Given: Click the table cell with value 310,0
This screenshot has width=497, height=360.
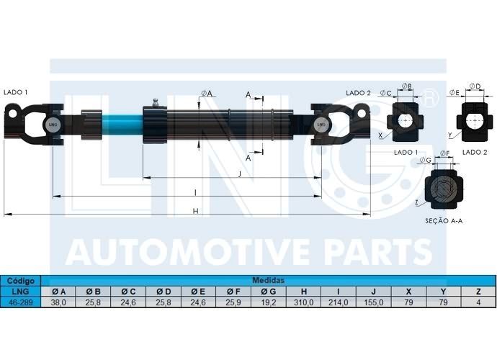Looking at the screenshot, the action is pyautogui.click(x=304, y=302).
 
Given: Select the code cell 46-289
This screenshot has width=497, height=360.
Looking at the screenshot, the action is pyautogui.click(x=21, y=302).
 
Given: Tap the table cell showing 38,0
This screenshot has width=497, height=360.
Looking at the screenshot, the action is pyautogui.click(x=58, y=302).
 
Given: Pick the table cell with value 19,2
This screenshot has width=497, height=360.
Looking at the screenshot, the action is pyautogui.click(x=269, y=302).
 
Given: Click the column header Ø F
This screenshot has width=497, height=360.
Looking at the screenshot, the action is pyautogui.click(x=233, y=292).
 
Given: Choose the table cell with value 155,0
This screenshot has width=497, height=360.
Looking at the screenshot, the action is pyautogui.click(x=374, y=302).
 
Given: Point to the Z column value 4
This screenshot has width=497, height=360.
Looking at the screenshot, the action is pyautogui.click(x=478, y=302).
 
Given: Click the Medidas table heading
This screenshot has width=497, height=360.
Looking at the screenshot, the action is pyautogui.click(x=268, y=281).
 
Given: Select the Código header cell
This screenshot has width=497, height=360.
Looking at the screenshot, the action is pyautogui.click(x=21, y=281).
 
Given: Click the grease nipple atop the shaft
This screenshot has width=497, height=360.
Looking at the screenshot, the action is pyautogui.click(x=156, y=103).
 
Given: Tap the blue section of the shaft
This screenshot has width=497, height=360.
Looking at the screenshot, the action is pyautogui.click(x=122, y=125).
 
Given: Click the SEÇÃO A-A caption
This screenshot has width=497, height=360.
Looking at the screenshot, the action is pyautogui.click(x=444, y=221).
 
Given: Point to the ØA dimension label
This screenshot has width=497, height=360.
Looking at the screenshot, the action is pyautogui.click(x=207, y=93).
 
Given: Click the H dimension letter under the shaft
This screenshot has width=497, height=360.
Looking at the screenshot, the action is pyautogui.click(x=196, y=211).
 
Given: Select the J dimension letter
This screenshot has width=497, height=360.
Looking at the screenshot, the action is pyautogui.click(x=240, y=174).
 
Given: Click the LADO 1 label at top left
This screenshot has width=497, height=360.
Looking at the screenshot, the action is pyautogui.click(x=16, y=92).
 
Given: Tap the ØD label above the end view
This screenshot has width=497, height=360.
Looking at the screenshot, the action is pyautogui.click(x=475, y=86).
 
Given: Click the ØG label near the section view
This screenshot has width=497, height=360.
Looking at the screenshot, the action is pyautogui.click(x=426, y=161).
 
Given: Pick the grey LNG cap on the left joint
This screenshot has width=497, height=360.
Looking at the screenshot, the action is pyautogui.click(x=53, y=125).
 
